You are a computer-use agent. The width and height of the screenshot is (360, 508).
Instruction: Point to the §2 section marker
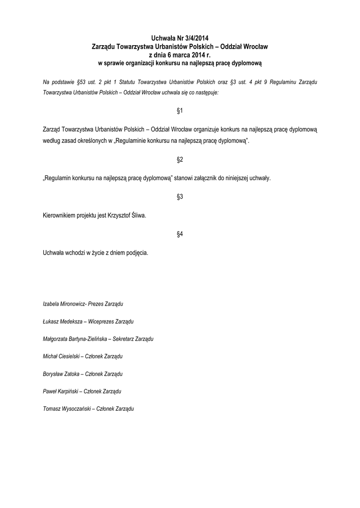(x=180, y=160)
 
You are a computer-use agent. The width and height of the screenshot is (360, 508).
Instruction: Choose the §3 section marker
(x=180, y=197)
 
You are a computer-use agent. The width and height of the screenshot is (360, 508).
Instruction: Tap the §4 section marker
(x=180, y=234)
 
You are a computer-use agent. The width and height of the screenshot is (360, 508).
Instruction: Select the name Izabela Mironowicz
(x=64, y=303)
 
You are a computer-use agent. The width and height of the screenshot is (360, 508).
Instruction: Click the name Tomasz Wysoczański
(x=67, y=408)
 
